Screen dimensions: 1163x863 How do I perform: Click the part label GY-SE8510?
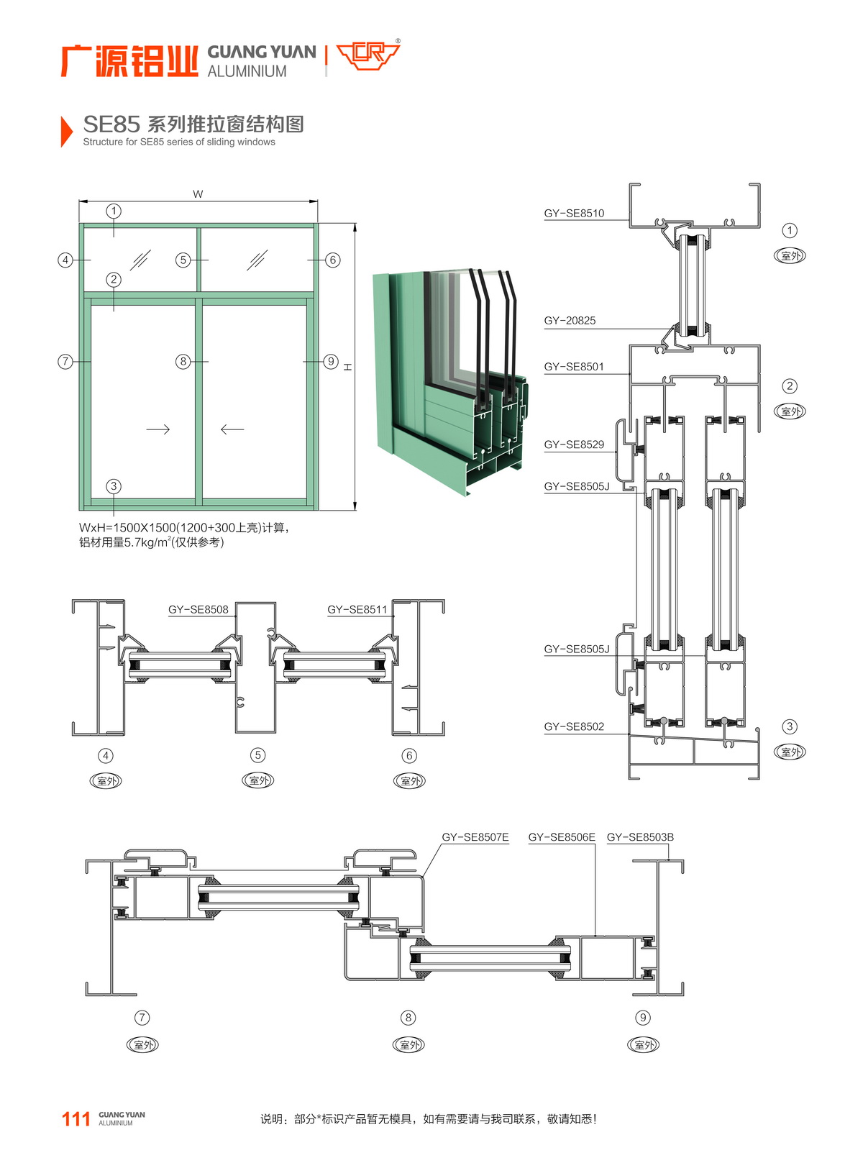574,214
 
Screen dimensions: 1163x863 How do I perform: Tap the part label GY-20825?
570,321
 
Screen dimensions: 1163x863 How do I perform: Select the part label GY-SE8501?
574,367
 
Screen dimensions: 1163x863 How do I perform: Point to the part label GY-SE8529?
574,444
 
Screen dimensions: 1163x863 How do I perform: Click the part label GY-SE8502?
574,726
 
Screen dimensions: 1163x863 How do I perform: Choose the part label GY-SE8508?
198,610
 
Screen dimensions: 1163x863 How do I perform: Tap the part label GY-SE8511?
357,610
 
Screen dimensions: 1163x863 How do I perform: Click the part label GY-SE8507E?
475,837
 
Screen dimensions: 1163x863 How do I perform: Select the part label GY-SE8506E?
562,837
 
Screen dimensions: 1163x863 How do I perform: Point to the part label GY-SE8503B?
640,837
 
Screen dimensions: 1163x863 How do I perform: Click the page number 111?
76,1119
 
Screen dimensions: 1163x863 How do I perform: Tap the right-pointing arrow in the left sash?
157,429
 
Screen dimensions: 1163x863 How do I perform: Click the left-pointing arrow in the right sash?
232,429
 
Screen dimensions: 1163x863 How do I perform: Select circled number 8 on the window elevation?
183,361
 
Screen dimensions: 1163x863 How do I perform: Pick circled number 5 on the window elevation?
183,260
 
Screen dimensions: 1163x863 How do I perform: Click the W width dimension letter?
198,194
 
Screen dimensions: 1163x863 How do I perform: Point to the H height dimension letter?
348,367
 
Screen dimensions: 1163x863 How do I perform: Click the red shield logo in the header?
368,55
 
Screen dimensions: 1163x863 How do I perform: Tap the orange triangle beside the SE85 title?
66,131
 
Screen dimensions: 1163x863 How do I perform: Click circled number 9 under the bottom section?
643,1018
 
